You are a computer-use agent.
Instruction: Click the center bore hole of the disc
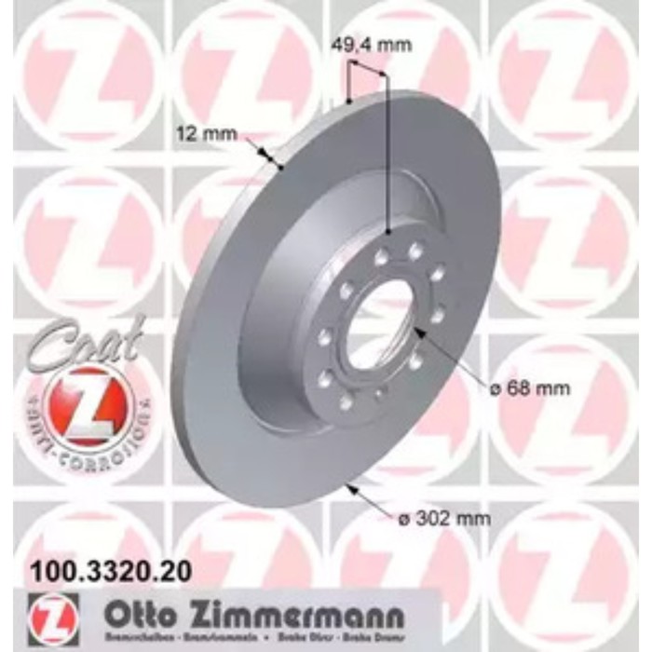(379, 321)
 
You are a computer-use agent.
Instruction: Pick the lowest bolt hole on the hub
(346, 401)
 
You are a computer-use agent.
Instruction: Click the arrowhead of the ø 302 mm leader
(350, 484)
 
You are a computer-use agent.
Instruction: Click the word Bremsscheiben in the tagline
(134, 641)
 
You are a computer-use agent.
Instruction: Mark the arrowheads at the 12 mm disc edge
(271, 159)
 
